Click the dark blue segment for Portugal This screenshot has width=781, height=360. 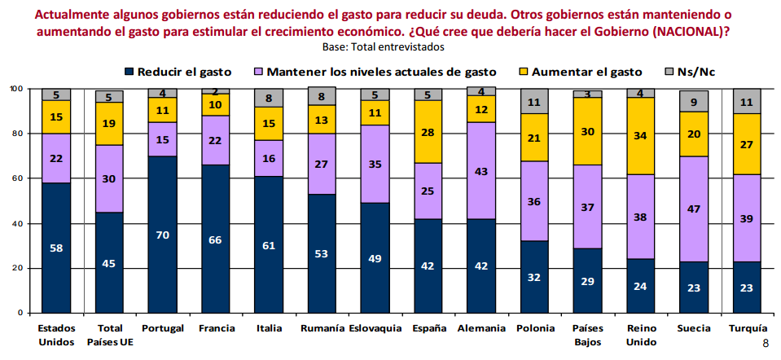tap(162, 234)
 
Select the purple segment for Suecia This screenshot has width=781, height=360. tap(693, 209)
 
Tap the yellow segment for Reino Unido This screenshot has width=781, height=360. tap(640, 135)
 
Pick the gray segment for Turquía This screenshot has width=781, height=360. tap(746, 101)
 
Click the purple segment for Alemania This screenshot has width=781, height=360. tap(480, 172)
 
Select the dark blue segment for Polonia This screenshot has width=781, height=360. tap(534, 277)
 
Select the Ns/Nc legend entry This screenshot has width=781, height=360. tap(696, 71)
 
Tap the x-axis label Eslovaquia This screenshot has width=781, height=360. tap(375, 328)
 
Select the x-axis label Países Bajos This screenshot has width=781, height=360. tap(587, 335)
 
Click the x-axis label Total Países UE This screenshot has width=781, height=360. tap(109, 335)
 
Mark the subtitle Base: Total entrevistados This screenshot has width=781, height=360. tap(382, 46)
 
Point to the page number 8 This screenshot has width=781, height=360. tap(765, 344)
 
